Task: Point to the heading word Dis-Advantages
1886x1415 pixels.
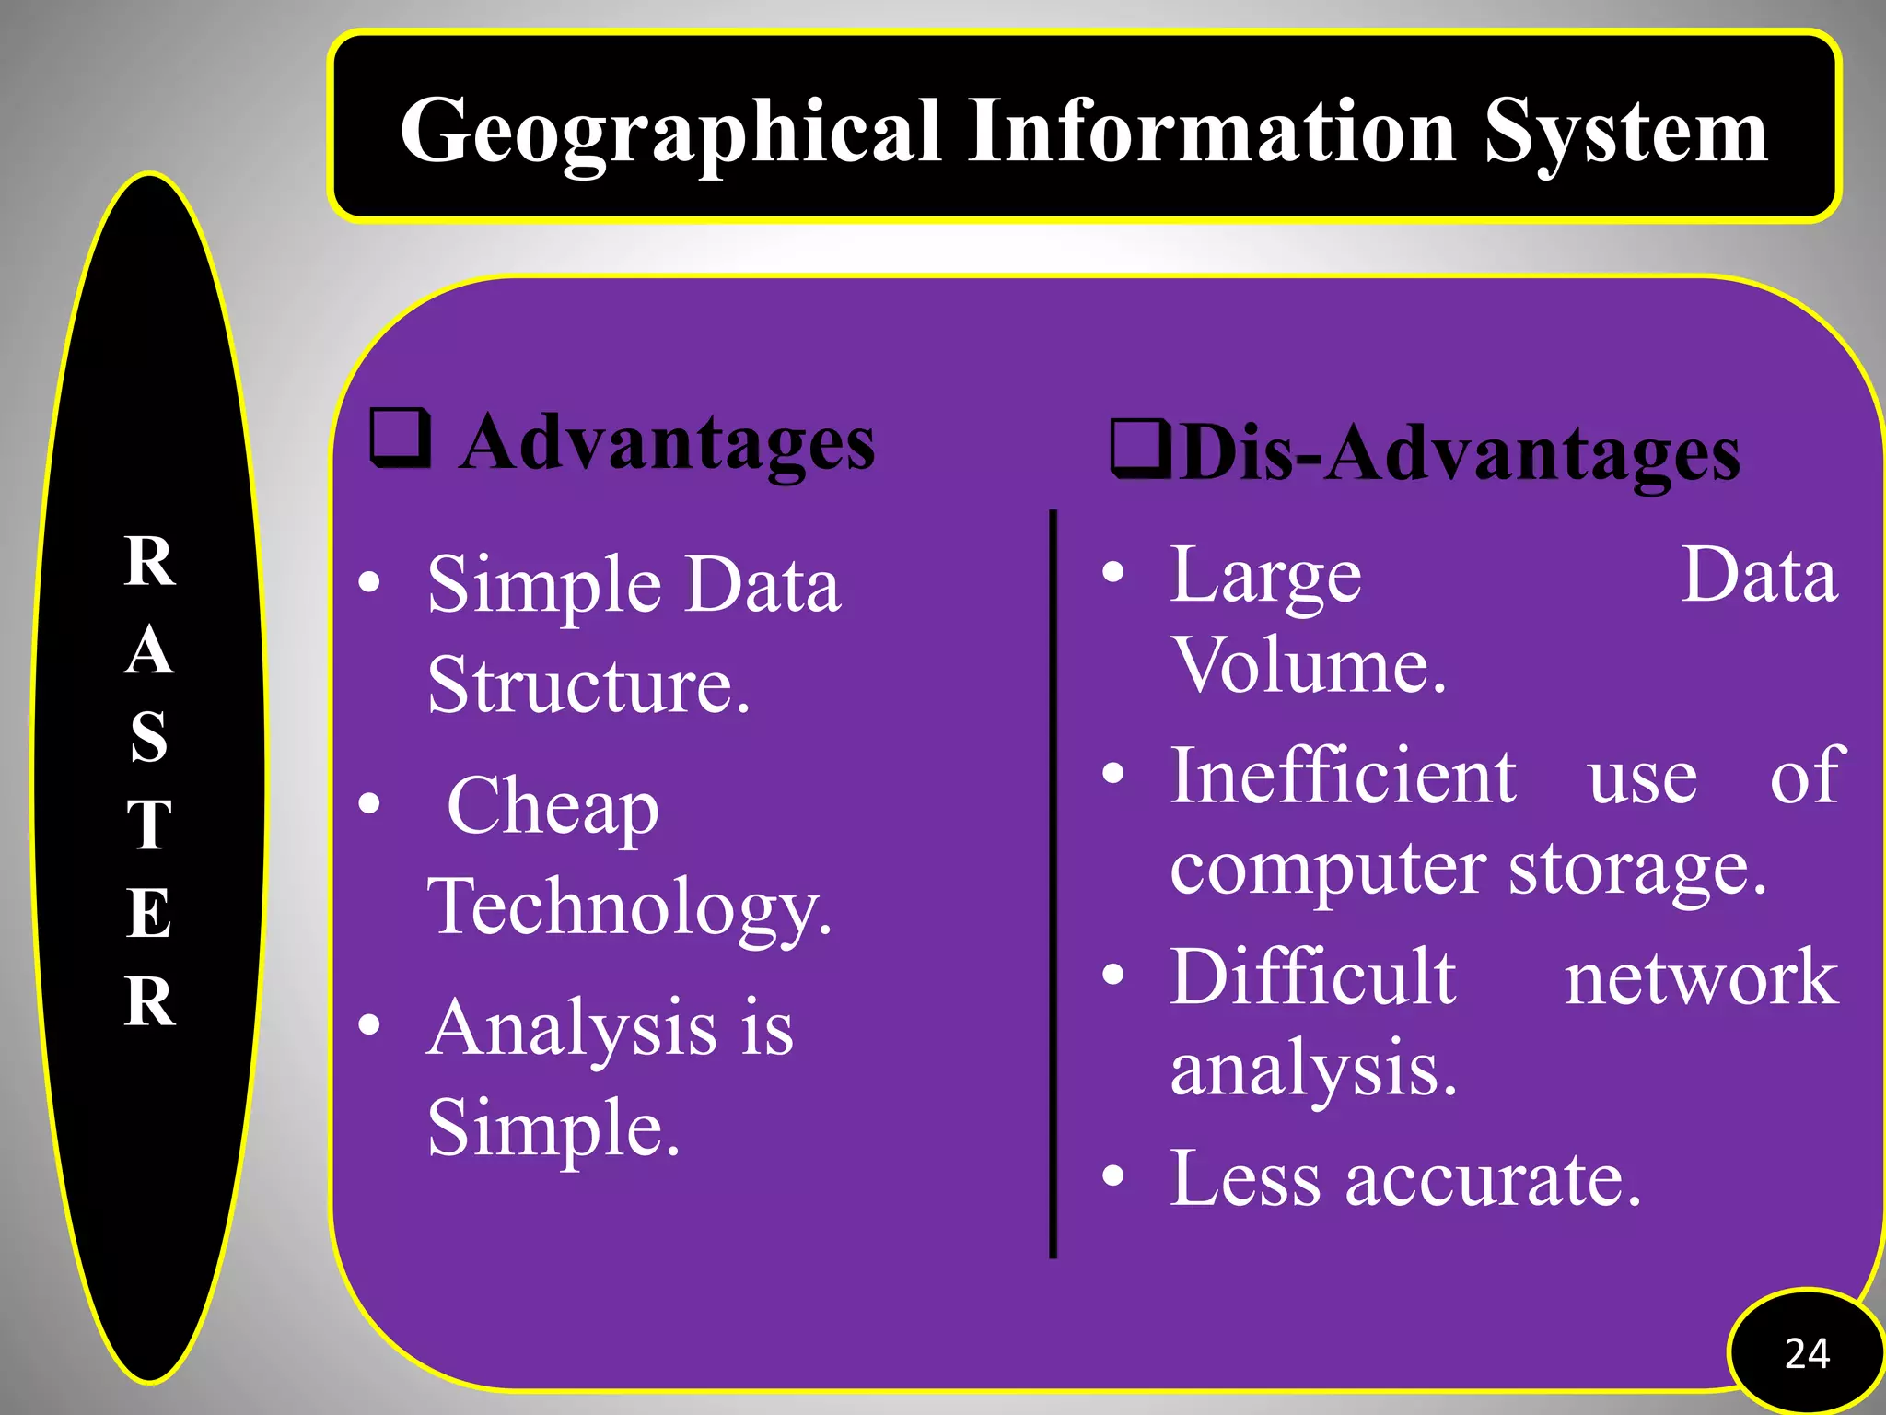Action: coord(1460,453)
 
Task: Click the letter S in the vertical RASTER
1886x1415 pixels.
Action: coord(149,737)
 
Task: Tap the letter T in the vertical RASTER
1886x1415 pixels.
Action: coord(149,824)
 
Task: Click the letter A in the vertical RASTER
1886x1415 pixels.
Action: coord(149,650)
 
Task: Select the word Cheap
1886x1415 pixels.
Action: coord(553,806)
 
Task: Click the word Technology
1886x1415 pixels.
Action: coord(629,907)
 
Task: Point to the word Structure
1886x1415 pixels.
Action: coord(588,685)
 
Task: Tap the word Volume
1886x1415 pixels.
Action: coord(1308,665)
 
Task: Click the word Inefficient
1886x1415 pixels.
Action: coord(1343,776)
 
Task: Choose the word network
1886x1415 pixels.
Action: coord(1701,977)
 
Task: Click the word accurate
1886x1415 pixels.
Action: coord(1493,1179)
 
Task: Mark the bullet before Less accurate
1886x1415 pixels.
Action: coord(1114,1176)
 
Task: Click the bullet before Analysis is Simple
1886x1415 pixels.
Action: coord(370,1024)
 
